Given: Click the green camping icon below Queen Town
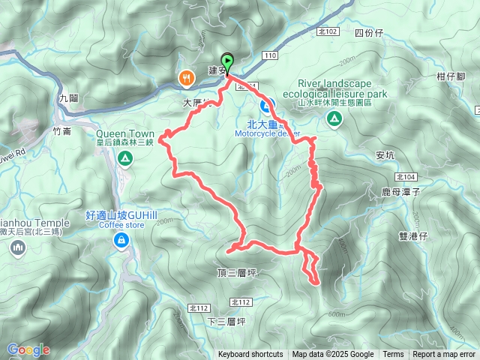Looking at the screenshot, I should (124, 158).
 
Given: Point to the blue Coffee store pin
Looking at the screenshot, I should (120, 239).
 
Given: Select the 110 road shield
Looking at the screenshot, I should (271, 55).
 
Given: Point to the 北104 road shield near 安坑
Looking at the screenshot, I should (405, 176).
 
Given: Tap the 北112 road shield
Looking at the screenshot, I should (241, 302).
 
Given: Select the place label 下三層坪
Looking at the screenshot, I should (226, 322).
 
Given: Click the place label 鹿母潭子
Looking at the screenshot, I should (403, 193).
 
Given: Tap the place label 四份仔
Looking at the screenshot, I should (368, 33).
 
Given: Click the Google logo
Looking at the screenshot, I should (28, 349).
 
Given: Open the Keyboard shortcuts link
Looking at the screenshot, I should (250, 355).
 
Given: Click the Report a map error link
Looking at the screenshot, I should (445, 355).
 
